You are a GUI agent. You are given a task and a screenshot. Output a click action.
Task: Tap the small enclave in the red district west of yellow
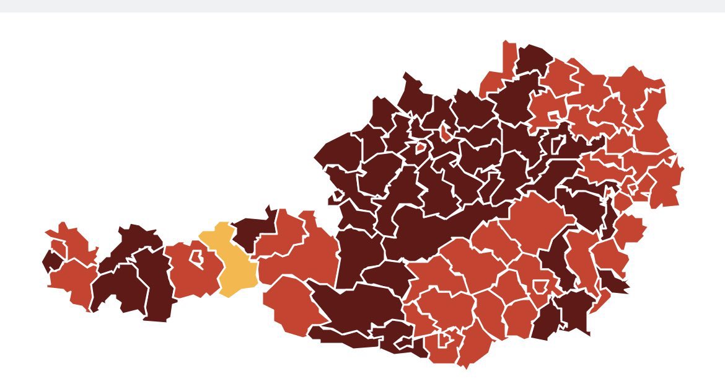coord(198,258)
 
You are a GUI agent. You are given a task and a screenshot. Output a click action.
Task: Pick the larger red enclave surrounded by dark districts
coord(420,148)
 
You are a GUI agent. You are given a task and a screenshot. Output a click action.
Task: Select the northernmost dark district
coord(533,59)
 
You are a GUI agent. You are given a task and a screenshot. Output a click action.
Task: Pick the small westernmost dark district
coord(51,261)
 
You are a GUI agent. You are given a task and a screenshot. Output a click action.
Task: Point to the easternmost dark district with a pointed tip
coord(610,282)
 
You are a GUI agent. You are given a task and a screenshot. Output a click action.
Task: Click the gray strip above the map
coord(362,6)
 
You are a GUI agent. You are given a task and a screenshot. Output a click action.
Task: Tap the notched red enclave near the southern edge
coord(444,339)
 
